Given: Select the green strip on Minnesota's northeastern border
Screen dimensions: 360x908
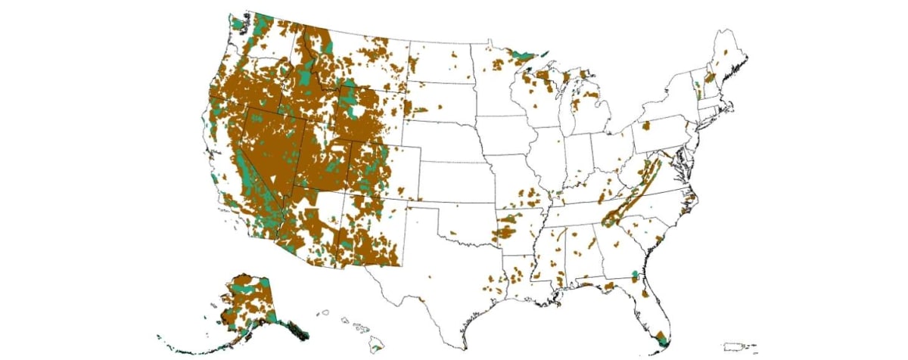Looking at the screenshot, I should pos(522,55).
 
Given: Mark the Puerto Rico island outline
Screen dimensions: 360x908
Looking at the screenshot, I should pos(734,347).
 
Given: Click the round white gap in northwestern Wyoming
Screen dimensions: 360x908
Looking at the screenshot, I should pos(355,111).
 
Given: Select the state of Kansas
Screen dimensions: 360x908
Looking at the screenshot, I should pos(454,182).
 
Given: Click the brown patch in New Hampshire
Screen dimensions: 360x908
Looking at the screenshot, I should pos(710,78).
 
